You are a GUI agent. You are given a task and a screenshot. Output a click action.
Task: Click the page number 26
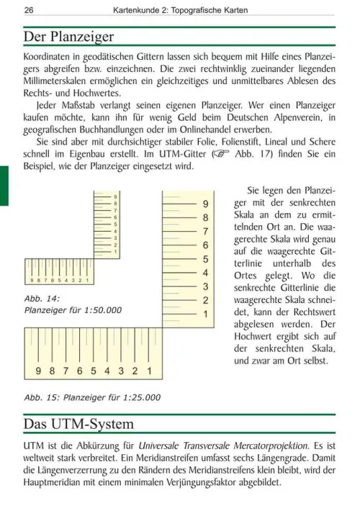click(28, 10)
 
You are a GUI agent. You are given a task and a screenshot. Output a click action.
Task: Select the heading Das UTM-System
click(78, 425)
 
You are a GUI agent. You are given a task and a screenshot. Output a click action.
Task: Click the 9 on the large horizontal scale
click(37, 371)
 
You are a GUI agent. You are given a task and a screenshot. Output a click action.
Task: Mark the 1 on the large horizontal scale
click(149, 371)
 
